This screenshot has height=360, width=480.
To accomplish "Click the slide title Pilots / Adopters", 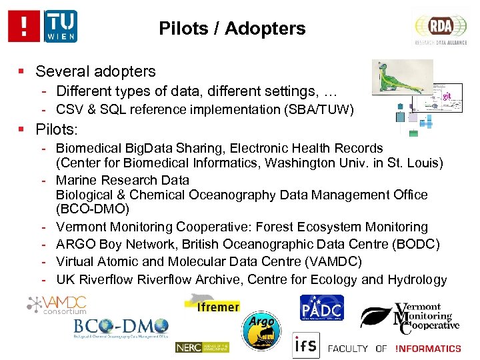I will coord(232,29).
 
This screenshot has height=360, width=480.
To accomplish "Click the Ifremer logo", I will coord(213,303).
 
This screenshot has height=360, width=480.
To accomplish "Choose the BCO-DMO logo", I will coord(121,328).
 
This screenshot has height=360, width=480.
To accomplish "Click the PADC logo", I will coord(322,309).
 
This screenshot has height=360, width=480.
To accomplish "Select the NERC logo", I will coord(202,347).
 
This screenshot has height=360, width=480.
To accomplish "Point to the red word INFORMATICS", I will coord(428,348).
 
